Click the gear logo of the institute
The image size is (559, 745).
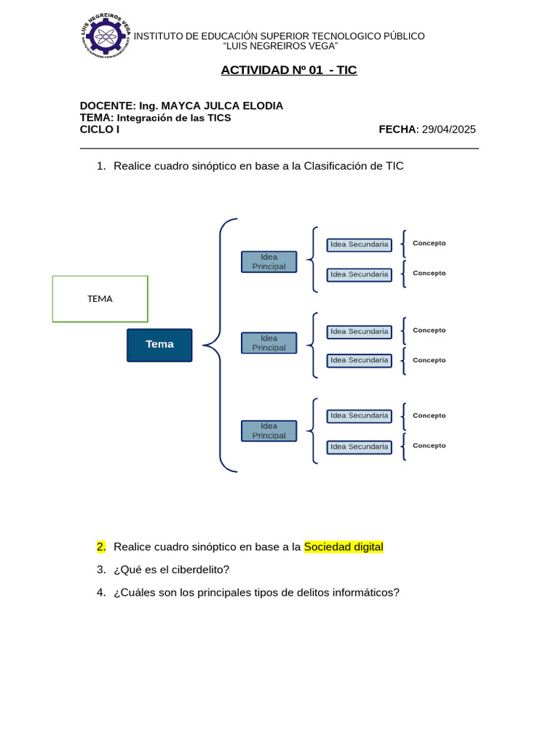click(x=106, y=35)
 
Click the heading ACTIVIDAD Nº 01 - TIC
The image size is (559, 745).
click(x=289, y=70)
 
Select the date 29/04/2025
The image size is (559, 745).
click(x=448, y=130)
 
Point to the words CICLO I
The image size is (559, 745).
click(x=100, y=130)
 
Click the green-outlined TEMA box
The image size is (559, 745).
click(x=100, y=298)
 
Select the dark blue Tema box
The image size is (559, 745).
click(x=159, y=345)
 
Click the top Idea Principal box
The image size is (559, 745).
click(x=269, y=261)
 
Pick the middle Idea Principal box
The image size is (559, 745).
click(x=269, y=343)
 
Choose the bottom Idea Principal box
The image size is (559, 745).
click(x=269, y=431)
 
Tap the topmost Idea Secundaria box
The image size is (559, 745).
click(x=359, y=244)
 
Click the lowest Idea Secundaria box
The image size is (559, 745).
click(x=359, y=447)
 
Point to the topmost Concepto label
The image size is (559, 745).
click(x=429, y=243)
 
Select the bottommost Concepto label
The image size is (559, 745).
click(x=429, y=445)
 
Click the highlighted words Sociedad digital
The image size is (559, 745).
click(x=344, y=547)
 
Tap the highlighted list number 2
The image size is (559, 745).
click(x=101, y=547)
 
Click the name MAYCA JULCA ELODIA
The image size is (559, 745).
click(x=222, y=106)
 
